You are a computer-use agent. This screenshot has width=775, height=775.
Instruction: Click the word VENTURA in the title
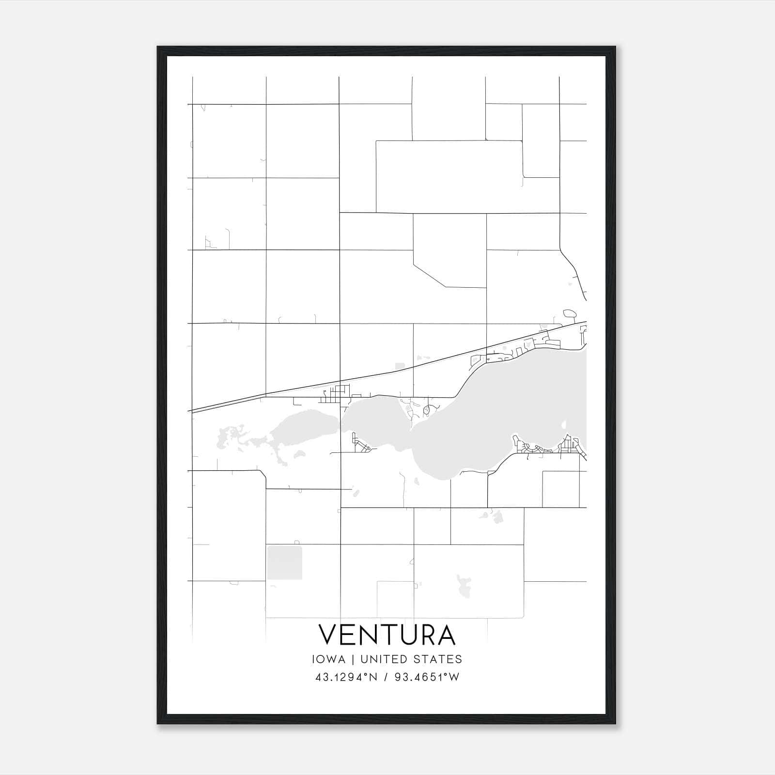pyautogui.click(x=387, y=635)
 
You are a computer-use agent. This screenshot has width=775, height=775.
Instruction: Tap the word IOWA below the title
pyautogui.click(x=328, y=659)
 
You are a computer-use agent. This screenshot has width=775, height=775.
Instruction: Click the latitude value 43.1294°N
pyautogui.click(x=346, y=677)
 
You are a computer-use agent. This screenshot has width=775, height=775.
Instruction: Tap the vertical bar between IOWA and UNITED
pyautogui.click(x=353, y=659)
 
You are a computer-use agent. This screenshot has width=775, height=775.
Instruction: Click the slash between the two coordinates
pyautogui.click(x=386, y=677)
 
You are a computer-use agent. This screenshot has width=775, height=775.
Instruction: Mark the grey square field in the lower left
pyautogui.click(x=284, y=562)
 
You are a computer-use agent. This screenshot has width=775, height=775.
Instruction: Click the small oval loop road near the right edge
pyautogui.click(x=570, y=313)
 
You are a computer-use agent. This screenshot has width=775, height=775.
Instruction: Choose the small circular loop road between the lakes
pyautogui.click(x=427, y=410)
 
